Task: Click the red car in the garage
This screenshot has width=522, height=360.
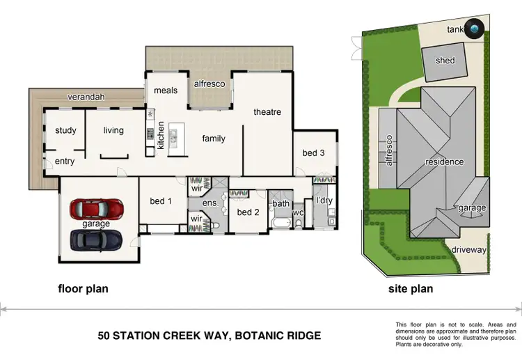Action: click(95, 208)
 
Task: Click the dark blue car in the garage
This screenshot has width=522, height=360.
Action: click(95, 240)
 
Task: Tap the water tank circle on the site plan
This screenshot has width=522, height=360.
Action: click(475, 29)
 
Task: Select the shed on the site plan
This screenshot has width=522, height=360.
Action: click(445, 61)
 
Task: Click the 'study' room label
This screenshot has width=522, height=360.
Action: click(65, 130)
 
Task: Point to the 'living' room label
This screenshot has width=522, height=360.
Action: click(113, 130)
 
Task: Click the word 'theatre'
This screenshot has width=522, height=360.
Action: click(267, 112)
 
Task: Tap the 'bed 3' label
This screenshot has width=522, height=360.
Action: click(313, 153)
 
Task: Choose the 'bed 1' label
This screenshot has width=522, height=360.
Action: click(161, 201)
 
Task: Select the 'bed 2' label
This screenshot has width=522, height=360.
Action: click(248, 212)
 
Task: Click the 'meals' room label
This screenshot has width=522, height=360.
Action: click(166, 91)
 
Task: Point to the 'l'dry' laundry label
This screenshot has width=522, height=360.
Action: click(325, 201)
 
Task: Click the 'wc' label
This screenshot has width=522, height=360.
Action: click(298, 212)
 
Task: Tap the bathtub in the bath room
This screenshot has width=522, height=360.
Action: click(280, 224)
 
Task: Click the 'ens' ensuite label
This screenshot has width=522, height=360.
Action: click(209, 203)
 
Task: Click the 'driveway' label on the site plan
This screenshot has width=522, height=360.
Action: click(468, 249)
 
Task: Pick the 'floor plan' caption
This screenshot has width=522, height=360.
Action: click(82, 288)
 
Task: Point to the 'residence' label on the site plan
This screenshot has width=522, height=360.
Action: click(444, 162)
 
